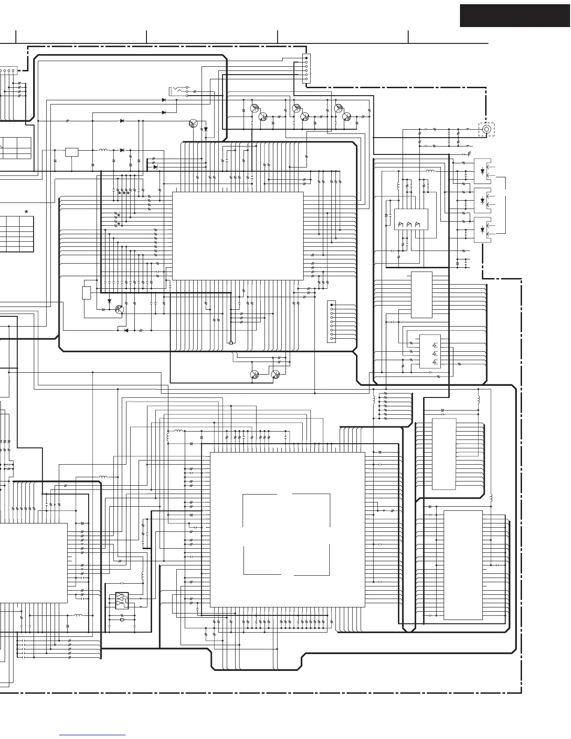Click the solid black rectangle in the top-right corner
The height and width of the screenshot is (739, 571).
click(x=515, y=16)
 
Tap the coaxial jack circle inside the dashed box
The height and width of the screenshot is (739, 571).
click(x=487, y=129)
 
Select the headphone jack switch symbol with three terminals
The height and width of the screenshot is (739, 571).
click(x=180, y=91)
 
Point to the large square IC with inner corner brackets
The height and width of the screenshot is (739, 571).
click(x=287, y=530)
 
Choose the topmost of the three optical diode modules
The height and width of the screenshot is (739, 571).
click(x=482, y=170)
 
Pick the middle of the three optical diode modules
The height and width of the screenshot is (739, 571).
click(x=482, y=200)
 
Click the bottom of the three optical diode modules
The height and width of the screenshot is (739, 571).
click(x=482, y=230)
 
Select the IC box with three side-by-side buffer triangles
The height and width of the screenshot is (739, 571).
click(x=411, y=224)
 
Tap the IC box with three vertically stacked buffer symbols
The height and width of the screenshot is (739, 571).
click(x=430, y=351)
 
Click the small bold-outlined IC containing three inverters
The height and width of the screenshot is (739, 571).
click(x=122, y=600)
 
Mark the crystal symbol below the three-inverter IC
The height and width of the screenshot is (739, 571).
click(x=122, y=620)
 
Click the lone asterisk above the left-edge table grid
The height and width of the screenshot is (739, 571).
click(x=26, y=212)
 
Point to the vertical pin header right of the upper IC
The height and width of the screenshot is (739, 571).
click(x=332, y=321)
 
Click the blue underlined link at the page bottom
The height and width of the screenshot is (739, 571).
click(x=92, y=735)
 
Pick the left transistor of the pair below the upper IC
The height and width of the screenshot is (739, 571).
click(x=255, y=375)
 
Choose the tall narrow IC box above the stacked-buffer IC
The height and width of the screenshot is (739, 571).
click(x=421, y=294)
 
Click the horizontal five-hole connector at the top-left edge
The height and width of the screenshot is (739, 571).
click(x=7, y=71)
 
